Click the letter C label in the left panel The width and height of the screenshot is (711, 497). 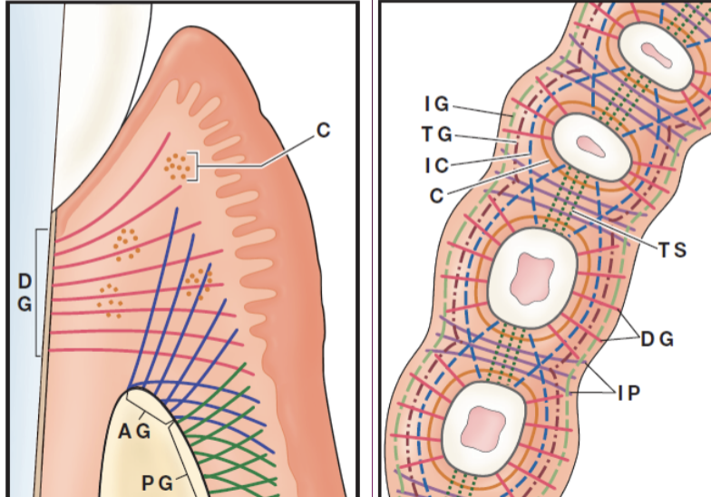(324, 131)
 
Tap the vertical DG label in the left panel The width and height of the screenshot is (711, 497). (24, 293)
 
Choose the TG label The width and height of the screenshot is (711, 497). (436, 134)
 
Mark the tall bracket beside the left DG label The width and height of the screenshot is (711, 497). (38, 292)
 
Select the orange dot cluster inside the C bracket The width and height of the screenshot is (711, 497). (178, 166)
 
